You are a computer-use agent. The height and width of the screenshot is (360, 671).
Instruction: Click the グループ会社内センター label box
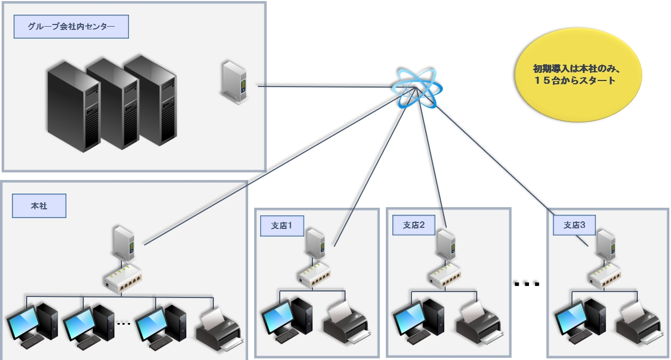(x=71, y=27)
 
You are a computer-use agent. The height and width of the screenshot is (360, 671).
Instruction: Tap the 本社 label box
(x=39, y=206)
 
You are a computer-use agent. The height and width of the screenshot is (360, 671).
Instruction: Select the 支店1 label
(x=282, y=226)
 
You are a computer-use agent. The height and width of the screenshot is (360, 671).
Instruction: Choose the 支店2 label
(x=414, y=225)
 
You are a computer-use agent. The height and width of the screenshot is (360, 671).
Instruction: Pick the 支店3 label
(x=574, y=225)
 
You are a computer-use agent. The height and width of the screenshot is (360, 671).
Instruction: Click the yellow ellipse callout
(x=578, y=75)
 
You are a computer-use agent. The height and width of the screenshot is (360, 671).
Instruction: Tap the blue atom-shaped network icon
(x=417, y=88)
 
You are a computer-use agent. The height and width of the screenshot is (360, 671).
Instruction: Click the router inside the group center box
(x=235, y=83)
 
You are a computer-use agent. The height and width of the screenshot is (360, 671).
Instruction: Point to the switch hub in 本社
(x=122, y=278)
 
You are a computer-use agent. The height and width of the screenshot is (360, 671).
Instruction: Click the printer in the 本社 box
(x=219, y=329)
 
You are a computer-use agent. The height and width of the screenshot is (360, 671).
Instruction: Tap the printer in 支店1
(x=347, y=323)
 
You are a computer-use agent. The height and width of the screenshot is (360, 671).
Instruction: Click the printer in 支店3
(x=639, y=323)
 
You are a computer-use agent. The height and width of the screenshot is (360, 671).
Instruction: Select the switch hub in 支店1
(x=314, y=275)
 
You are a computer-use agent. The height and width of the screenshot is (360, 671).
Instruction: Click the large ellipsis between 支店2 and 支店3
(x=527, y=284)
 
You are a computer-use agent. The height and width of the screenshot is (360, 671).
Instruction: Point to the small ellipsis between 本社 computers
(x=124, y=324)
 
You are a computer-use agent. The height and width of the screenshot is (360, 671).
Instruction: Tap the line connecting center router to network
(x=325, y=87)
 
